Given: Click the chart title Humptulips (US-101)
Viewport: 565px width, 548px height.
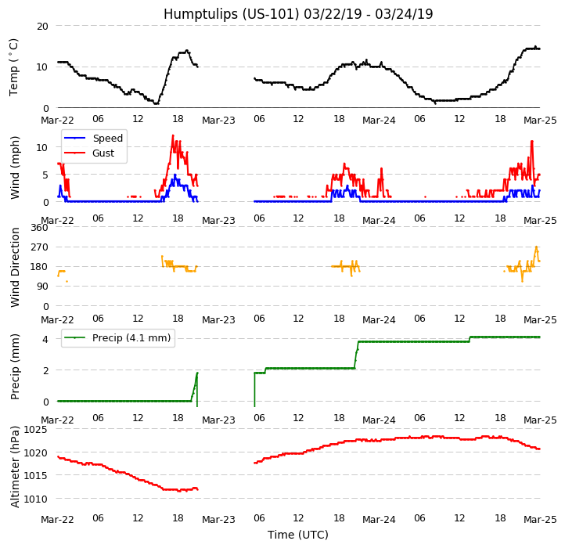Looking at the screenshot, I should click(x=298, y=14).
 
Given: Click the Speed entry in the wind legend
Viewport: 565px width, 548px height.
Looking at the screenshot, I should click(x=106, y=139).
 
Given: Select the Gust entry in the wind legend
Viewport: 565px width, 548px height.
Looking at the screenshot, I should click(x=104, y=153).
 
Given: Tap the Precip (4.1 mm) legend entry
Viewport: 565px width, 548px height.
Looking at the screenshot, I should click(x=131, y=338).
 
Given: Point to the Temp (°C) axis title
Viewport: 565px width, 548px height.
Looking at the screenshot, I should click(x=14, y=67).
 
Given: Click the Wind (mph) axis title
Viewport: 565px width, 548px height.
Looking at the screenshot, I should click(x=15, y=167).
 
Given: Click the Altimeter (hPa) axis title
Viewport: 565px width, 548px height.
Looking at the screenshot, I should click(x=15, y=466).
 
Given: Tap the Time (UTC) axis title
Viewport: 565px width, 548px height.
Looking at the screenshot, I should click(x=298, y=535).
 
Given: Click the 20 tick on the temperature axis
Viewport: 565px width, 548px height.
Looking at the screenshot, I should click(x=42, y=26).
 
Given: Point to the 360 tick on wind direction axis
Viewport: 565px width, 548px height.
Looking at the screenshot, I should click(x=39, y=228).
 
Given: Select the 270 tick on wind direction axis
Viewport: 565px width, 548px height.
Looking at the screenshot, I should click(x=39, y=247).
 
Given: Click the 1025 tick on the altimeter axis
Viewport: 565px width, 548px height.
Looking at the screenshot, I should click(x=36, y=429).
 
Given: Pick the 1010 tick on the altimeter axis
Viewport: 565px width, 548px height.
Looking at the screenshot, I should click(x=36, y=499).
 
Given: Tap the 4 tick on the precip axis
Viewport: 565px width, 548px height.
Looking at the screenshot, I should click(x=45, y=339).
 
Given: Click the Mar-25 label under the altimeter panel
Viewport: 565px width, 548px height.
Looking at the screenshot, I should click(x=540, y=519).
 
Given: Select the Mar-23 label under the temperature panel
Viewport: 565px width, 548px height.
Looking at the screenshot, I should click(x=218, y=121).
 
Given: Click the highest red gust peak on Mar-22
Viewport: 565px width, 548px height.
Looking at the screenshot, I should click(x=173, y=135).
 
